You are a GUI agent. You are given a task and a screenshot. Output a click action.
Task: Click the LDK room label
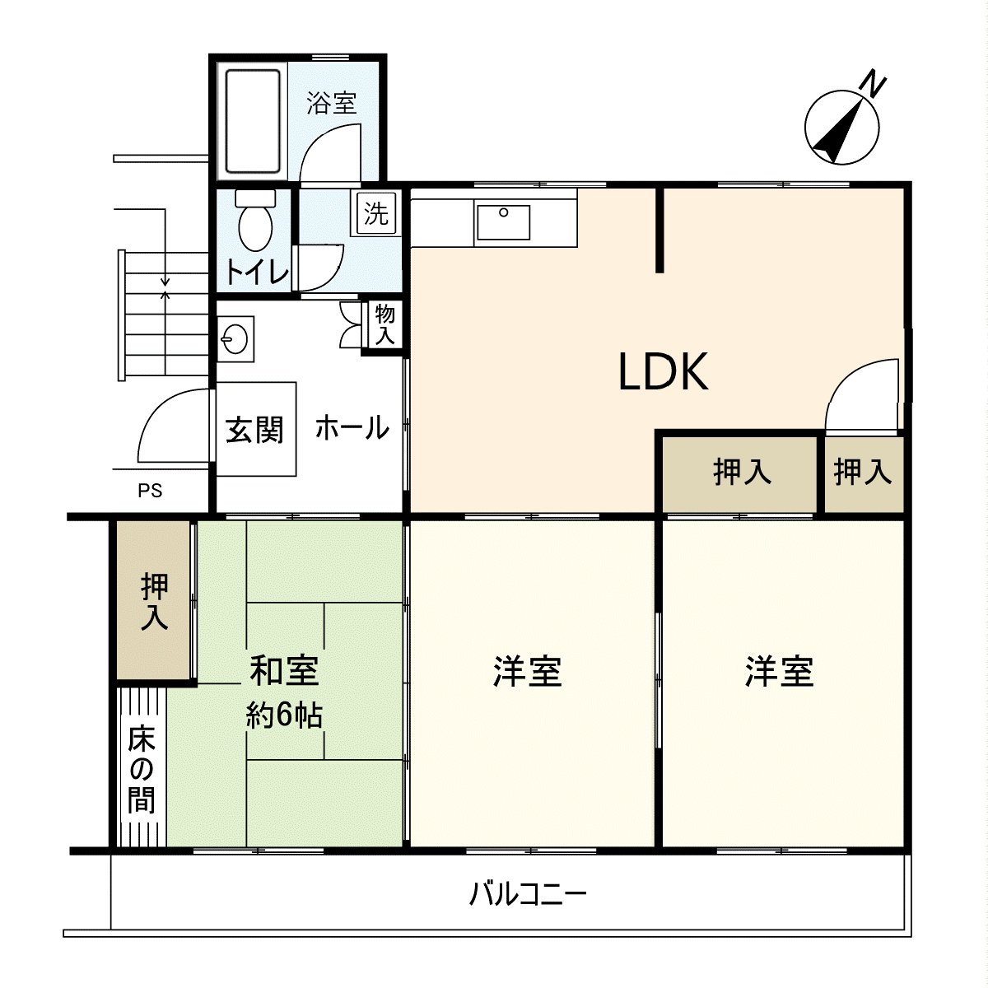pos(663,372)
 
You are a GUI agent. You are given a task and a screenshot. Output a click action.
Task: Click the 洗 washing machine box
pos(375,213)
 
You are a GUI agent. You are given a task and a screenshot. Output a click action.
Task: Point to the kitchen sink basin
pos(502,222)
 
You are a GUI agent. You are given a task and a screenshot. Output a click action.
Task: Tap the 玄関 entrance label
pos(254,429)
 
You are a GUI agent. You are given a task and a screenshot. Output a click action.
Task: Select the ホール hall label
pos(352,427)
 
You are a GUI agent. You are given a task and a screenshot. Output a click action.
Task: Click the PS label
pos(150,492)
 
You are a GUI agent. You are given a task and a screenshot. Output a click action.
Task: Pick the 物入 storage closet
pos(384,324)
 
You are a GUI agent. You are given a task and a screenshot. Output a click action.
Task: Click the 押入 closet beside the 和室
pos(154,601)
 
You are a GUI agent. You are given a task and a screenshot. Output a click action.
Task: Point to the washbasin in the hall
pos(235,338)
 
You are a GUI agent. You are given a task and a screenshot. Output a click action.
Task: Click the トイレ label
pos(257,273)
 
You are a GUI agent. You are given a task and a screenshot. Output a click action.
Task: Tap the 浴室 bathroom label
pos(332,104)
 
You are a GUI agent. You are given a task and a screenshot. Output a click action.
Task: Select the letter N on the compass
pos(873,84)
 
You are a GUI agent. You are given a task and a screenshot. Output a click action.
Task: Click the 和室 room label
pos(284,670)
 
